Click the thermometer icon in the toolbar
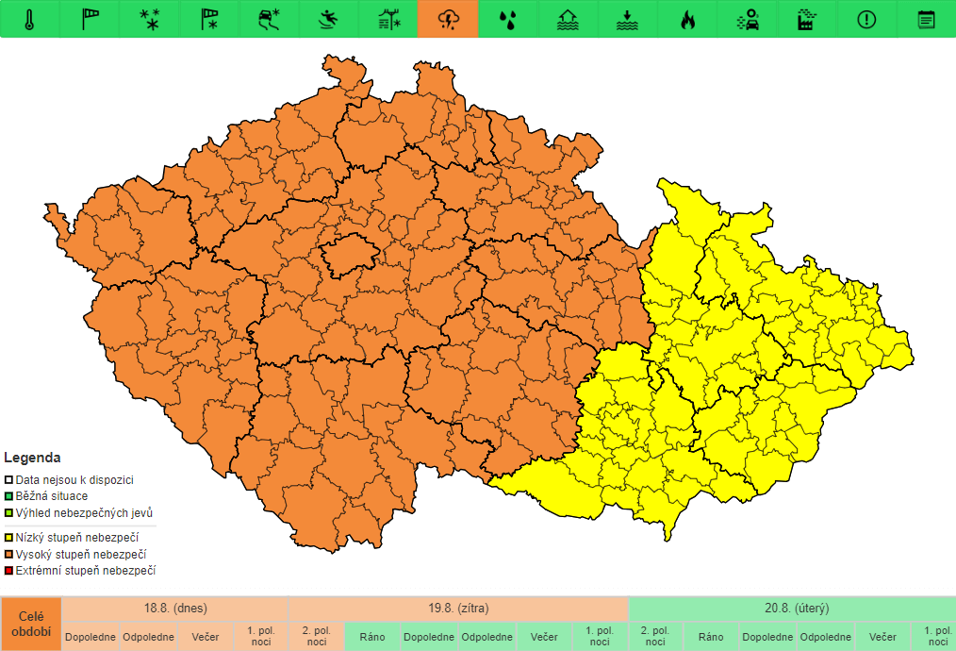pyautogui.click(x=30, y=20)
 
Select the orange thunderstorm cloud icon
pyautogui.click(x=448, y=20)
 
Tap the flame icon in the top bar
pyautogui.click(x=687, y=20)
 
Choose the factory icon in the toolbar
pyautogui.click(x=806, y=20)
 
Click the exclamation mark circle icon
pyautogui.click(x=866, y=20)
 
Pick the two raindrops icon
pyautogui.click(x=508, y=20)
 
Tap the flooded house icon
pyautogui.click(x=568, y=20)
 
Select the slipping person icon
pyautogui.click(x=329, y=20)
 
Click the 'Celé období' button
pyautogui.click(x=31, y=624)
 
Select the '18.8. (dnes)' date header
pyautogui.click(x=175, y=609)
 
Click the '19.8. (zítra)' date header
pyautogui.click(x=458, y=609)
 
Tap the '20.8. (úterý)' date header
pyautogui.click(x=797, y=609)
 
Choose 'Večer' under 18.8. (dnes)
pyautogui.click(x=205, y=637)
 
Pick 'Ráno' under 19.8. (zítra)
pyautogui.click(x=372, y=637)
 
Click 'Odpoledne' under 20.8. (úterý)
pyautogui.click(x=826, y=637)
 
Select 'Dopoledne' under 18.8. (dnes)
pyautogui.click(x=91, y=637)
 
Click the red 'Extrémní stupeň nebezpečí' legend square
pyautogui.click(x=8, y=571)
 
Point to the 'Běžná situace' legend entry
pyautogui.click(x=52, y=496)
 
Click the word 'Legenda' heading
pyautogui.click(x=32, y=459)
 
